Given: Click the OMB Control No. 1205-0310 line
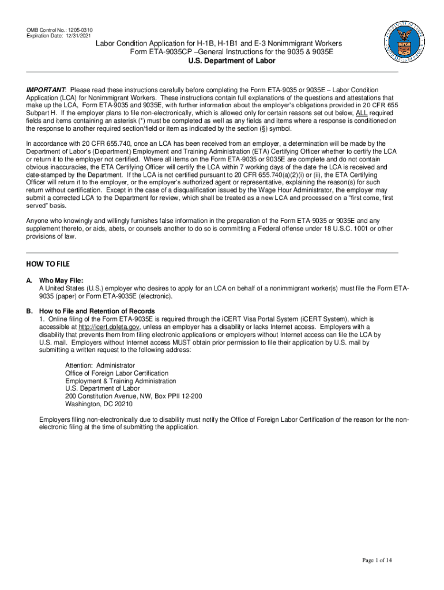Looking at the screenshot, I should coord(60,30).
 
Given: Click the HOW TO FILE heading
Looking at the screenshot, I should coord(47,264).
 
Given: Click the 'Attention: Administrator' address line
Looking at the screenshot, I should coord(100,365).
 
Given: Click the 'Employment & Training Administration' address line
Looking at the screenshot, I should coord(121,381).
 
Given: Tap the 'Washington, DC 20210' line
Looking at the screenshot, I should coord(99,404).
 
